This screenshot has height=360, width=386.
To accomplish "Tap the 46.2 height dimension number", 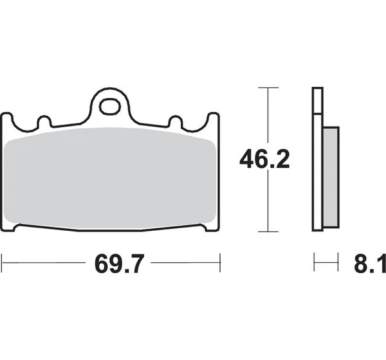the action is point(264,159).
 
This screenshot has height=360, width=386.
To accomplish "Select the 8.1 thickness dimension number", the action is point(370,264).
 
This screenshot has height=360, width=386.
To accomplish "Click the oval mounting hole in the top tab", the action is point(110,107).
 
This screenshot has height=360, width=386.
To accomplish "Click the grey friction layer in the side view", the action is point(331,177).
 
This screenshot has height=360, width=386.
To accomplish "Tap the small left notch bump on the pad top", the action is point(44,121).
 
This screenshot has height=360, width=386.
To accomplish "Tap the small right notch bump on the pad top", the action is point(176,121).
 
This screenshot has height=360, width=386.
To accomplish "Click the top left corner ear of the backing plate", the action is point(6,118).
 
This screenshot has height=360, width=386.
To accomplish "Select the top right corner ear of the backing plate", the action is point(214,118).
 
